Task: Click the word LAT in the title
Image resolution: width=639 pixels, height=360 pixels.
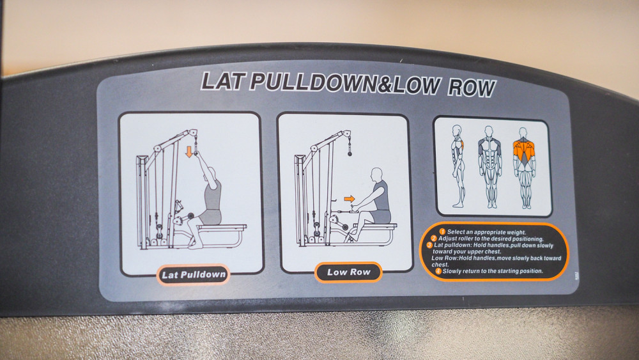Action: tap(222, 81)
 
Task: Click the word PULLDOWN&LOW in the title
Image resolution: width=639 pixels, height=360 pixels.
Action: tap(345, 83)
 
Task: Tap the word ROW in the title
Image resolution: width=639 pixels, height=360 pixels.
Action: tap(472, 87)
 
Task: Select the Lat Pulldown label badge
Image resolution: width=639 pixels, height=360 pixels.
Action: tap(193, 274)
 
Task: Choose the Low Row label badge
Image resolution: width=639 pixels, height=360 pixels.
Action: tap(348, 272)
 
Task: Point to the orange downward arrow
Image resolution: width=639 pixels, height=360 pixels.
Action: tap(189, 152)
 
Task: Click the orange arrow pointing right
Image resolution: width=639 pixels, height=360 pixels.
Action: tap(350, 199)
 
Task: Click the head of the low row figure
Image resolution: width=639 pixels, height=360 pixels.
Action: tap(376, 175)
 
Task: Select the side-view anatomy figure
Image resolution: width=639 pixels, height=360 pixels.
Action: tap(458, 166)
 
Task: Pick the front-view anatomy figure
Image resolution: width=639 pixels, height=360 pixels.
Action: tap(489, 167)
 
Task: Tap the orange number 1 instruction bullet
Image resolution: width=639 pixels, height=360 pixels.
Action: tap(442, 232)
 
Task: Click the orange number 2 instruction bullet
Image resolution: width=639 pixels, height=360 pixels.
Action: tap(434, 238)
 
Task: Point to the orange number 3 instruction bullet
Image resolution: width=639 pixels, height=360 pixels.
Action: tap(429, 245)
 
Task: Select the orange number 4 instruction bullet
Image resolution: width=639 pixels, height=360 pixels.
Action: tap(438, 270)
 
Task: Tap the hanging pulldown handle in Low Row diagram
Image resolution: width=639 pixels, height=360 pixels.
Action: tap(350, 147)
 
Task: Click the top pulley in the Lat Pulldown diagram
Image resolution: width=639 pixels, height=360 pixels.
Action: tap(193, 133)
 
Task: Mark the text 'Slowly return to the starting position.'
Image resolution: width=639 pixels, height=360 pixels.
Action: tap(493, 271)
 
